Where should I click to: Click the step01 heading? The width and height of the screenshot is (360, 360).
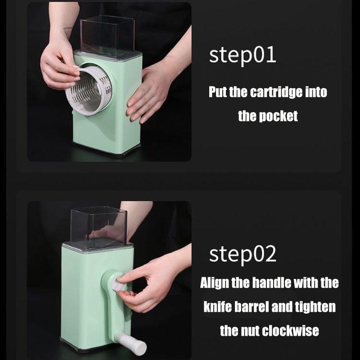tap(243, 55)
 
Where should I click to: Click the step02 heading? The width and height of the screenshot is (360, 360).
tap(243, 254)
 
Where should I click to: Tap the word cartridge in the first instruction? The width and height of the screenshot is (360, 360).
tap(276, 92)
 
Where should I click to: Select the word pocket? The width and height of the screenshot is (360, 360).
tap(278, 116)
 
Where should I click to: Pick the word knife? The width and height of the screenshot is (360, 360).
tap(217, 306)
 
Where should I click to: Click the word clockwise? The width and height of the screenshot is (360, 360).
tap(290, 331)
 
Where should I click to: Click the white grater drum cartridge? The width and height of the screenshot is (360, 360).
tap(89, 90)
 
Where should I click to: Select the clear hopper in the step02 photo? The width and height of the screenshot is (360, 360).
tap(99, 227)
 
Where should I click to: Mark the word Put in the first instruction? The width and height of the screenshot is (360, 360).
tap(218, 92)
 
